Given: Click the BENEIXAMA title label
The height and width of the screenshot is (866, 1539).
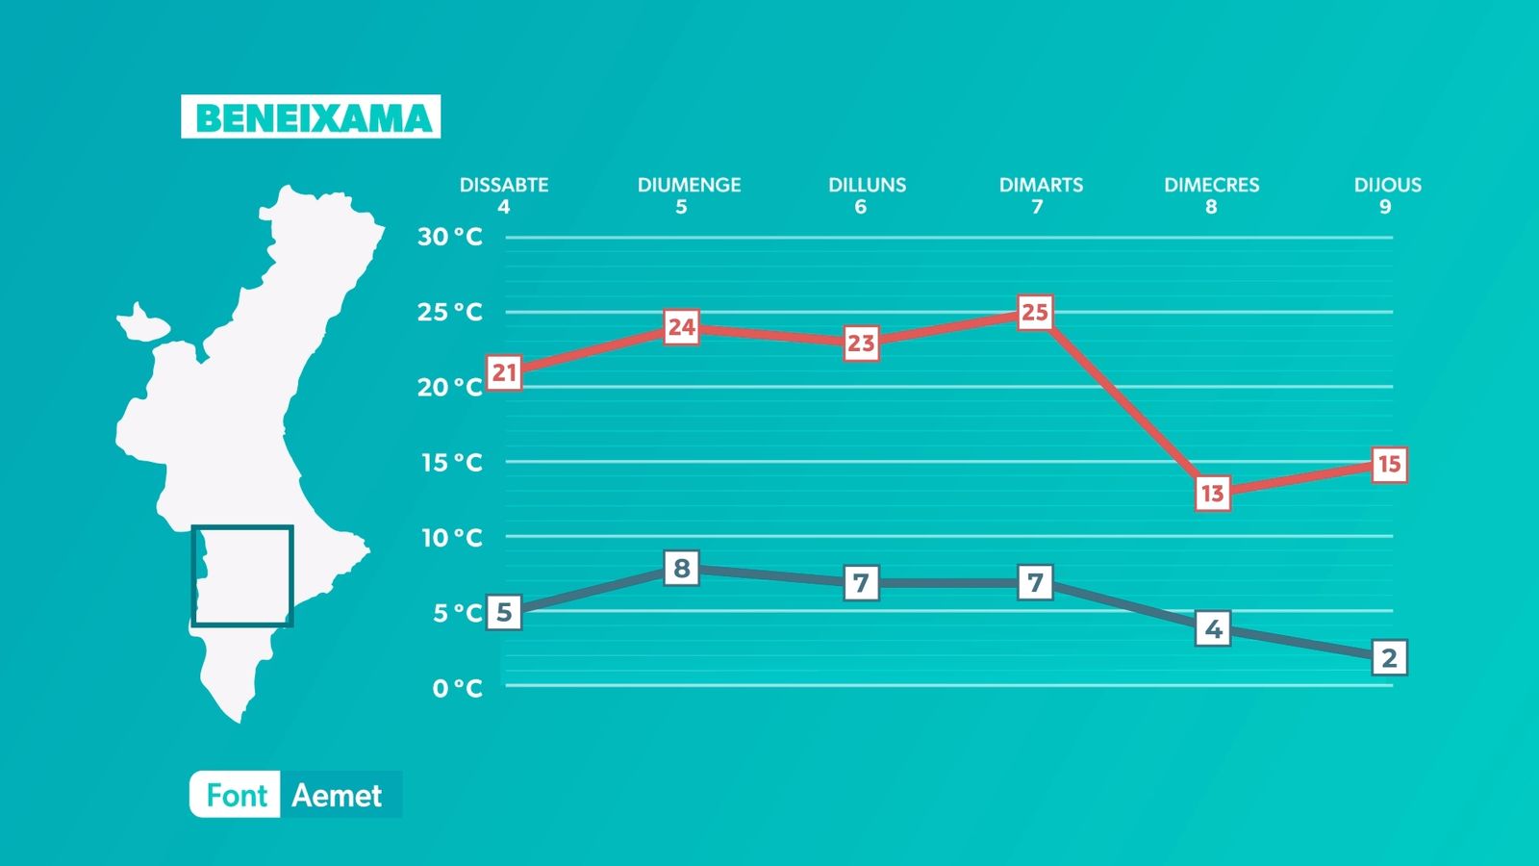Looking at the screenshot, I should (x=311, y=117).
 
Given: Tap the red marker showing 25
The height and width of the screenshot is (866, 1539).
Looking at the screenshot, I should (x=1035, y=313).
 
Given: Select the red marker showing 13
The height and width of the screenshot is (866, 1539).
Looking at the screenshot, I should (x=1213, y=494).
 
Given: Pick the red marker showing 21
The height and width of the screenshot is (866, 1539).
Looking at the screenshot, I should (x=505, y=372).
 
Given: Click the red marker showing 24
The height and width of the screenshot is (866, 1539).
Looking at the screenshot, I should (x=682, y=327).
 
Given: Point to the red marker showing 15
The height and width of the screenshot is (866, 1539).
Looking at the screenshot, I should (x=1389, y=465).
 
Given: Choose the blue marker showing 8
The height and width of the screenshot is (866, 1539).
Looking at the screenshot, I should (x=682, y=569).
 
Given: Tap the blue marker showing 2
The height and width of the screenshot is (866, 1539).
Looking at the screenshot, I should (x=1389, y=658).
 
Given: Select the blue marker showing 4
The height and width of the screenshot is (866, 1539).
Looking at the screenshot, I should (x=1213, y=629).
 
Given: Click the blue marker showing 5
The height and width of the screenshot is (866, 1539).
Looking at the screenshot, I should (x=505, y=612).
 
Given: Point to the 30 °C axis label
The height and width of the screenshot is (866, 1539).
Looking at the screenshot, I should (x=449, y=237).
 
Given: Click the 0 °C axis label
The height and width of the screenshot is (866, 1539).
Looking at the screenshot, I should (x=457, y=688).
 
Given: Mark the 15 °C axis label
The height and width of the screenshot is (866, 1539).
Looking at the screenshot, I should (x=451, y=463).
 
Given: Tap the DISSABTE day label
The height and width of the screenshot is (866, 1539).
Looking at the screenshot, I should (x=504, y=185).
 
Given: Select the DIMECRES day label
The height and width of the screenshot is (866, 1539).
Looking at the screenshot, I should (x=1211, y=185).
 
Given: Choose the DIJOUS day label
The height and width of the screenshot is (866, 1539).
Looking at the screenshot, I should (x=1387, y=185).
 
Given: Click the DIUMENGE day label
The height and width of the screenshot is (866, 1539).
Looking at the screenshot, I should (x=689, y=185).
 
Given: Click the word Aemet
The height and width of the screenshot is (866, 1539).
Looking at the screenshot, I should (x=337, y=796).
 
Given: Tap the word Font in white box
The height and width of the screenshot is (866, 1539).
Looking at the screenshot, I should (x=237, y=796).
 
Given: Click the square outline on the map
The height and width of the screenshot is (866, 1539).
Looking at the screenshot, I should (x=242, y=527).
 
